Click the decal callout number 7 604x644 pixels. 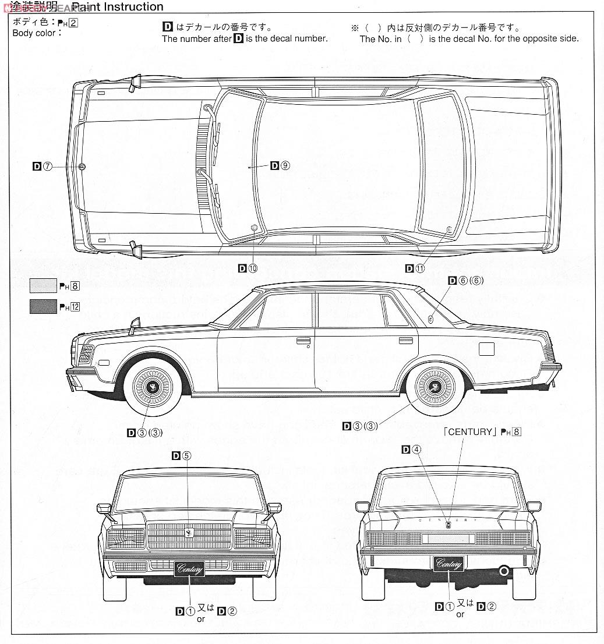point(48,167)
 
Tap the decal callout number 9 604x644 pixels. point(285,165)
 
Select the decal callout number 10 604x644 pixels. point(252,268)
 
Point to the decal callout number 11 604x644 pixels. point(420,268)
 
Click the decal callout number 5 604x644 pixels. point(186,456)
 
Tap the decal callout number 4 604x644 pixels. point(416,449)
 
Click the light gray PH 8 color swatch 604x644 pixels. point(43,285)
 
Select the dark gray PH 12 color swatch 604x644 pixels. point(43,306)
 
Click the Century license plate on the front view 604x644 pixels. point(189,568)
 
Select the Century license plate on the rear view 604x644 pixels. point(448,564)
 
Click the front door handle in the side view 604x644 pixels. point(303,341)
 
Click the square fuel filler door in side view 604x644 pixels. point(486,349)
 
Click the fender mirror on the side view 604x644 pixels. point(135,325)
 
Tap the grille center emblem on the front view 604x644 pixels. point(189,533)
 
